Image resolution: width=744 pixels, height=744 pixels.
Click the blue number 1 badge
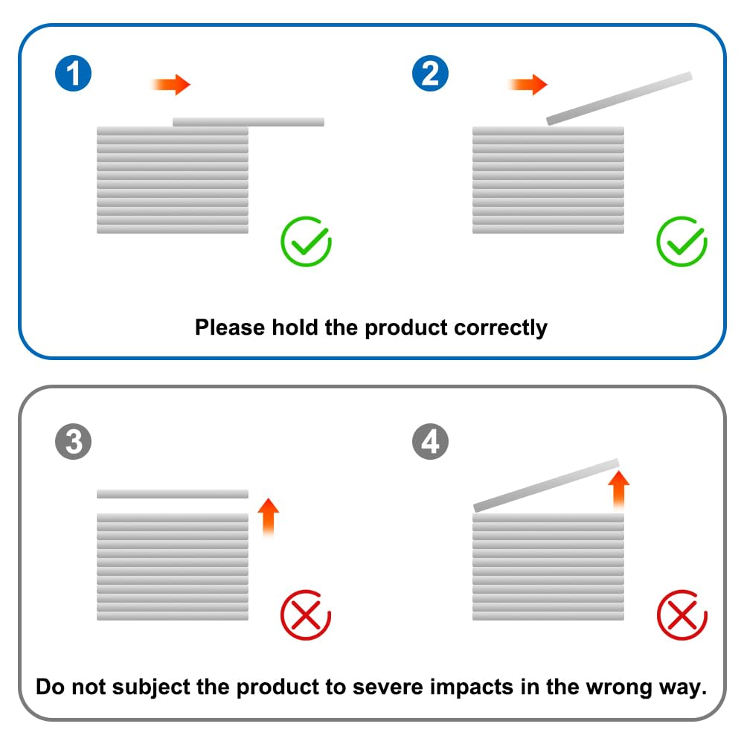point(73,74)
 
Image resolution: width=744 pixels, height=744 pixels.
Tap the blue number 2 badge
point(430,74)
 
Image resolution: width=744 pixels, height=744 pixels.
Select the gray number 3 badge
point(73,443)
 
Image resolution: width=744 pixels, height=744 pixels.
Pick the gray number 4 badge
point(430,443)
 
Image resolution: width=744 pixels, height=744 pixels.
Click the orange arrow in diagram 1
point(172,85)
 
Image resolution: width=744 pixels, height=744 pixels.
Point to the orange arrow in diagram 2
point(529,85)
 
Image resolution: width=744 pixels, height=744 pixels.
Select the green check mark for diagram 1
point(306,242)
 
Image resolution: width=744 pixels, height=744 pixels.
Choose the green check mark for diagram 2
point(682,242)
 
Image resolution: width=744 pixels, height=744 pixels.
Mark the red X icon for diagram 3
point(305,615)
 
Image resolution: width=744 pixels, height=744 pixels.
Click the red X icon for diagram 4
point(682,615)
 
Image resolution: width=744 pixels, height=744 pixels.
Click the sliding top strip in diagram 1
point(248,122)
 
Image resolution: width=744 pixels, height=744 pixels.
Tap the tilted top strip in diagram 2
point(620,97)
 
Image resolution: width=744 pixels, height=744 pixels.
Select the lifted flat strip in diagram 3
point(172,494)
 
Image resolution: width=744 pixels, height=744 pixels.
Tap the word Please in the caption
point(228,327)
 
